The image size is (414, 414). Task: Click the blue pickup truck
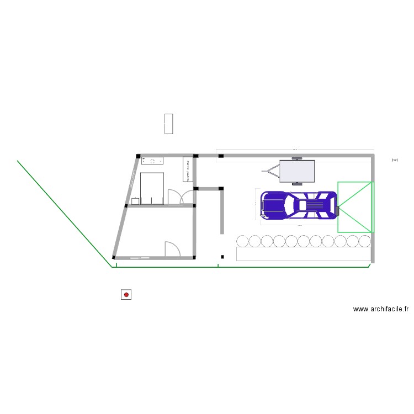pos(298,205)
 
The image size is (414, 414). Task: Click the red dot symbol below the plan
pos(126,295)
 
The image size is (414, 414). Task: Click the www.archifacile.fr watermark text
pos(380,310)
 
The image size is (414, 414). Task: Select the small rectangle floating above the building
pos(169,124)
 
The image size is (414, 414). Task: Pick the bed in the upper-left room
pos(152,188)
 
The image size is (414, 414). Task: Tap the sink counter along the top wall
pos(153,161)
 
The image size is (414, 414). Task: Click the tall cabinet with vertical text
pos(187,169)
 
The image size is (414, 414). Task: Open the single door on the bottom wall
pos(172,249)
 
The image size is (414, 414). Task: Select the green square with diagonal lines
pos(355,206)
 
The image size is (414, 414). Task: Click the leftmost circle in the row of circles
pos(242,241)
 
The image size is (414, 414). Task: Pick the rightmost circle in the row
pos(365,241)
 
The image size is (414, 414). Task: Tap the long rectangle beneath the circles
pos(303,253)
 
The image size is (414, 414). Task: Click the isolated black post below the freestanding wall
pos(222,256)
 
